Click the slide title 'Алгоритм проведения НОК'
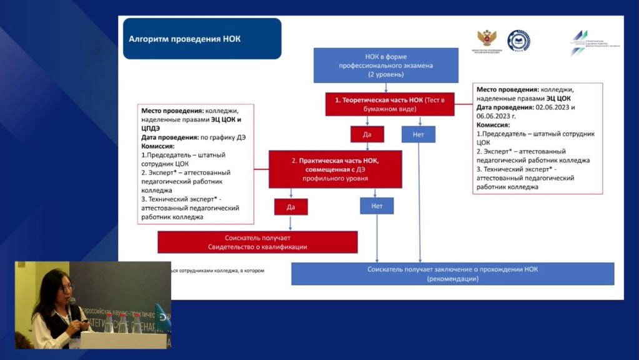point(184,39)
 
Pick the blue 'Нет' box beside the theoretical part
point(418,134)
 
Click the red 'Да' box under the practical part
point(290,206)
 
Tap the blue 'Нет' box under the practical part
point(377,206)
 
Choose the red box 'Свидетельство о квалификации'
point(257,242)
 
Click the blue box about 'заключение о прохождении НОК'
point(452,274)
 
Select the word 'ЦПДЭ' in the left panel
point(152,127)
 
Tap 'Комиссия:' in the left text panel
point(159,146)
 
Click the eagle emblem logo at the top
point(485,39)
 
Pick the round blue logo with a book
point(518,41)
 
